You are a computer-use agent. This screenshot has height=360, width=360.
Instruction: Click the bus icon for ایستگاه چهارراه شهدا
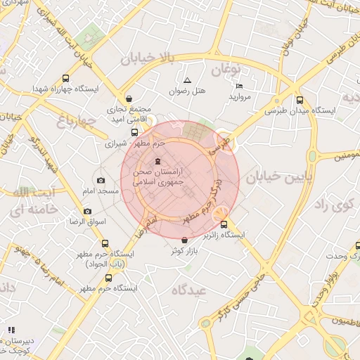click(66, 79)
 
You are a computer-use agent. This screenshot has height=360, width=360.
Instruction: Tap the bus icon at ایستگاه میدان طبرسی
click(300, 101)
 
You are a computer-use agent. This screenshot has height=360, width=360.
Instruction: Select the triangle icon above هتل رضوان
click(187, 80)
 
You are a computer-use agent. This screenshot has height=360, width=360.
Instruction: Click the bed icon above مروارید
click(239, 86)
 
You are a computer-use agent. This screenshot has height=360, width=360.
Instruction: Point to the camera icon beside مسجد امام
click(101, 181)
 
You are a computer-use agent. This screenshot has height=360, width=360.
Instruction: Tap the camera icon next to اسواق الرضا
click(87, 211)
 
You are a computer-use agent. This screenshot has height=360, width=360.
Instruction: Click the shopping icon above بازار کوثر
click(184, 240)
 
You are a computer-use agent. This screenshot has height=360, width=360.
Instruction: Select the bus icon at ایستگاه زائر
click(243, 225)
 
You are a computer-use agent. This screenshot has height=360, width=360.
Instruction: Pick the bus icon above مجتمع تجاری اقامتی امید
click(128, 99)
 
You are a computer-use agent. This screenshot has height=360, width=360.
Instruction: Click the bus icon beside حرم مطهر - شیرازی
click(134, 132)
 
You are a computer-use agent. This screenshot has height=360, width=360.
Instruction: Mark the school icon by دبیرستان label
click(11, 330)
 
